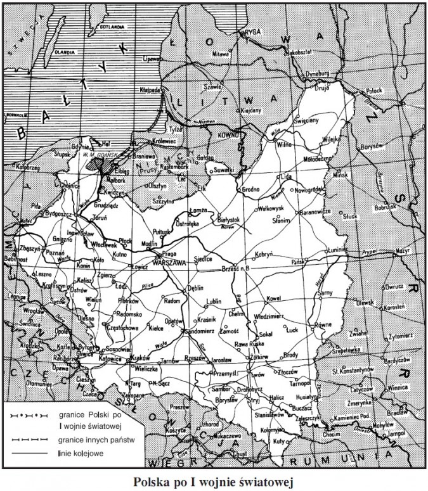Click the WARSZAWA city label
pyautogui.click(x=169, y=260)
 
